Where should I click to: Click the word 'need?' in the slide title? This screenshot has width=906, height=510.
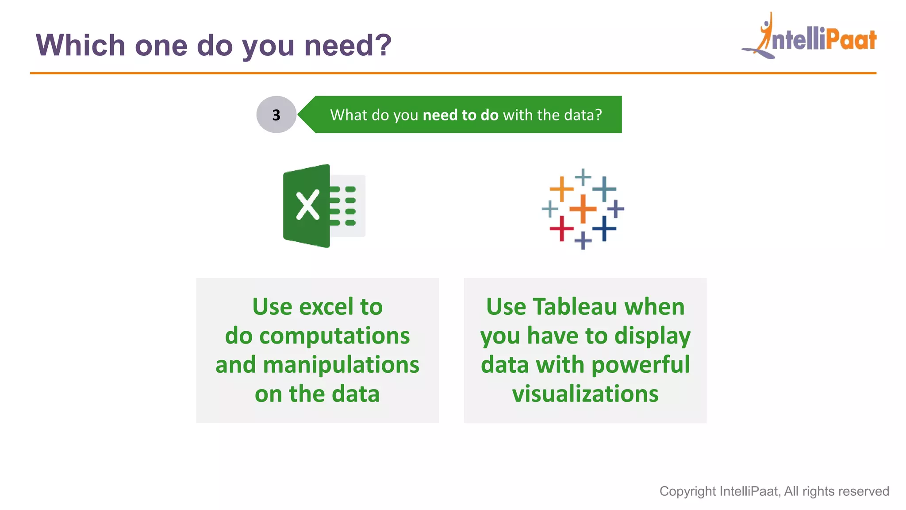click(x=348, y=46)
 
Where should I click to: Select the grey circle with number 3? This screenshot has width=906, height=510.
click(x=276, y=115)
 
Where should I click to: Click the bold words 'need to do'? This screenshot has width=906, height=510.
click(x=460, y=115)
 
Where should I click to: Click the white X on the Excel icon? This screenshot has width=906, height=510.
click(x=307, y=205)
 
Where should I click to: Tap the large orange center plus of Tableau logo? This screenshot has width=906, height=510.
click(x=583, y=209)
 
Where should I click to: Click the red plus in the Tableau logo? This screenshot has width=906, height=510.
click(x=561, y=228)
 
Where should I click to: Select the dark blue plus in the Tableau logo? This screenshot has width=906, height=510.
click(x=604, y=228)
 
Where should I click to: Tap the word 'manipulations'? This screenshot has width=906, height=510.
click(x=341, y=365)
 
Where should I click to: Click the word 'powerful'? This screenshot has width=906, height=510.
click(x=640, y=365)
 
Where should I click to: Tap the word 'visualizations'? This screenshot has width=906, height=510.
click(x=585, y=394)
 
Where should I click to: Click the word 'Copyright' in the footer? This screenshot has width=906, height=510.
click(x=687, y=491)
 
